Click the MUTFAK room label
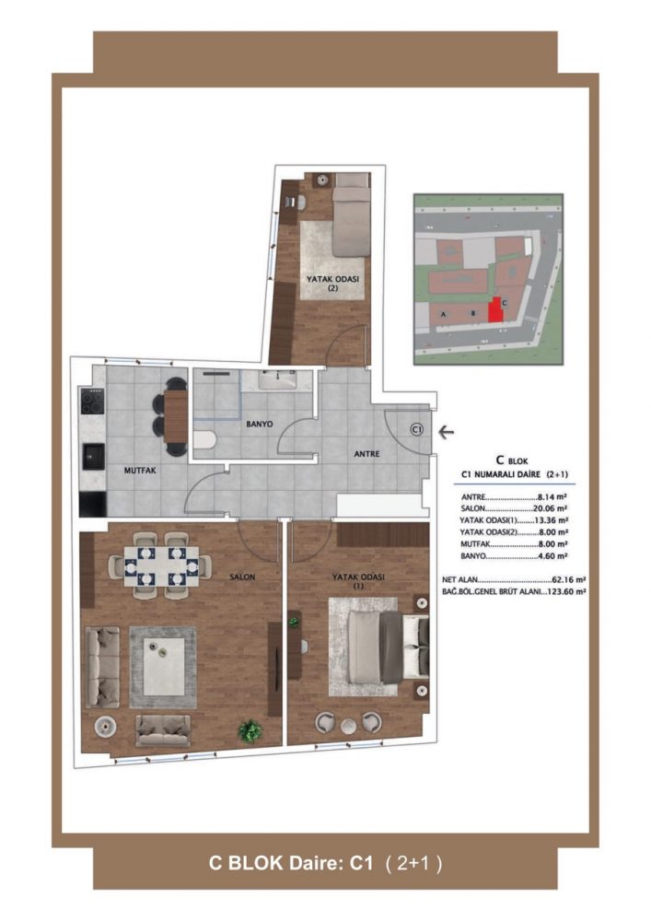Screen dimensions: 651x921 point(140,471)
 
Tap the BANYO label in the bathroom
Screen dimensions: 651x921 point(260,424)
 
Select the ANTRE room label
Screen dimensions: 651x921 point(366,454)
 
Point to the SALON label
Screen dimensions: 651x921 point(242,577)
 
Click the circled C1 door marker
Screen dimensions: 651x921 point(417,430)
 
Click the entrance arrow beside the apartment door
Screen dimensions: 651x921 point(447,433)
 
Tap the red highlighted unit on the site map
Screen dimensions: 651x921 point(496,310)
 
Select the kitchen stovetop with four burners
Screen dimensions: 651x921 point(93,402)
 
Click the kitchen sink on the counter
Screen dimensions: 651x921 point(93,457)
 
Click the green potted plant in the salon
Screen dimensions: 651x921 point(250,730)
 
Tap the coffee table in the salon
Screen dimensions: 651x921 point(164,667)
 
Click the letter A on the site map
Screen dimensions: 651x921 point(443,314)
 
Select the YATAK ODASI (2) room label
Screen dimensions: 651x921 point(332,284)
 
